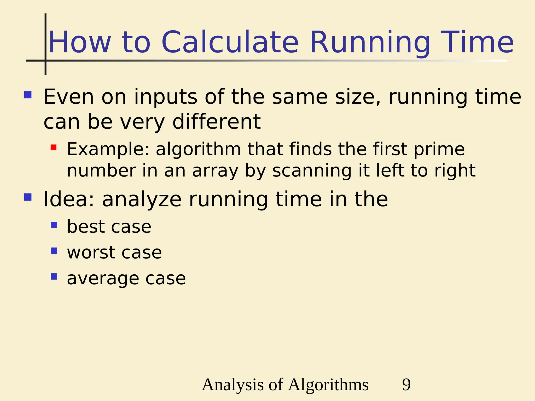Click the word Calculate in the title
[230, 42]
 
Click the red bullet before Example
[54, 148]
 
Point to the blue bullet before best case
[54, 225]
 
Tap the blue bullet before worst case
[54, 251]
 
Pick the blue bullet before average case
[54, 276]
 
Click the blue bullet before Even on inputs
[28, 95]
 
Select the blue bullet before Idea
[28, 197]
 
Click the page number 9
[406, 385]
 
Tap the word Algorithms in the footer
[328, 385]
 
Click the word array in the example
[215, 171]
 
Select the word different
[217, 122]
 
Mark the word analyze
[142, 200]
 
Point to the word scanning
[312, 171]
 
